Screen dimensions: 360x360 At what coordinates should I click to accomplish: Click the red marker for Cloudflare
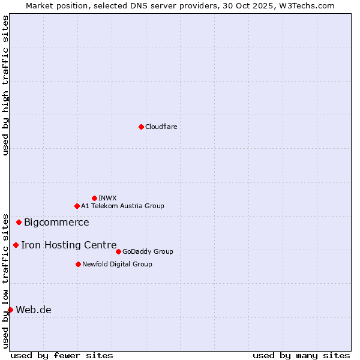141,127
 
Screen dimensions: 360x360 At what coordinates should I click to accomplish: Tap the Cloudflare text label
161,127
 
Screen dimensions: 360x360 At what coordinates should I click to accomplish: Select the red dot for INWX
94,198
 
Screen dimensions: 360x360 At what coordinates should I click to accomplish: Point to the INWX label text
107,198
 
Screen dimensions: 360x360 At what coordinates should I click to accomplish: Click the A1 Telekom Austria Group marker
77,206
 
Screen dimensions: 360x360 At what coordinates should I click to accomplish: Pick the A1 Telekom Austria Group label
122,206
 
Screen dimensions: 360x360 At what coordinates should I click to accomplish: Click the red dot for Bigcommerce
19,222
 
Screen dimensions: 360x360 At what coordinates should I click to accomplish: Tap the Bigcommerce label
56,223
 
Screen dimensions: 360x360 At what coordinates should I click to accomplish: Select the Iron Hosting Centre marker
16,245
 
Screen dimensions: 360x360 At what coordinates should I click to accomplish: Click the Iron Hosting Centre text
69,245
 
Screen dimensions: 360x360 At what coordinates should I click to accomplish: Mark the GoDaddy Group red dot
118,251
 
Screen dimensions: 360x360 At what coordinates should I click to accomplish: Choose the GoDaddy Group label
148,251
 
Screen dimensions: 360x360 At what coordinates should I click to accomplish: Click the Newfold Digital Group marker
78,264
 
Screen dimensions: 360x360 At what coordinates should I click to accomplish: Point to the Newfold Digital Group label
117,264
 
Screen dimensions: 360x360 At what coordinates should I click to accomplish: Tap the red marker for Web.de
10,310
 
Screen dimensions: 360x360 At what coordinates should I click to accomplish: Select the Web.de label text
34,310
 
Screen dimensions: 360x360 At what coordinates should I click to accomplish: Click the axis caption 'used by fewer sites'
62,355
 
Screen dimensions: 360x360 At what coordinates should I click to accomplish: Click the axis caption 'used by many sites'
301,355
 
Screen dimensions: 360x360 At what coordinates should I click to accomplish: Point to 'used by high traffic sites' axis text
5,85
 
